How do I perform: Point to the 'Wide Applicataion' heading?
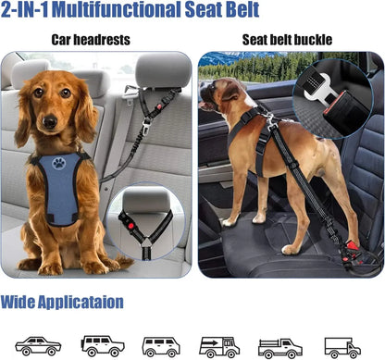tap(61, 302)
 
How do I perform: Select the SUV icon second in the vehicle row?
tap(101, 345)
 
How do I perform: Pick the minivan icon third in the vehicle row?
tap(161, 345)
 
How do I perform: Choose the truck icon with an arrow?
tap(220, 345)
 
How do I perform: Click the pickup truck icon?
tap(279, 345)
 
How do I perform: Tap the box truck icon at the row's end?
tap(343, 345)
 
